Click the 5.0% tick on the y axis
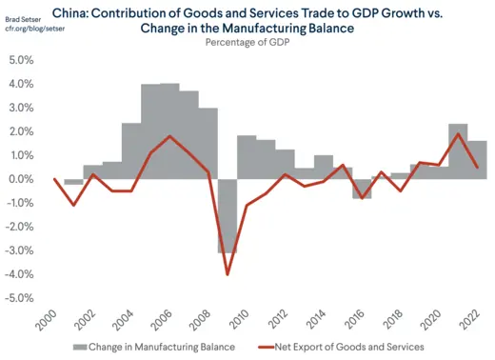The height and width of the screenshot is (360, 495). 20,60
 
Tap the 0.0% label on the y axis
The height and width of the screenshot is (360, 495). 20,179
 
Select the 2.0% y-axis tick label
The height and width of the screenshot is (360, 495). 20,131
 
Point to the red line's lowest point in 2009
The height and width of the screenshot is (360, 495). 228,274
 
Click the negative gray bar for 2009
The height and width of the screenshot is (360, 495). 227,215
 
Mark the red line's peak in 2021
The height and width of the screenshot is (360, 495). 458,133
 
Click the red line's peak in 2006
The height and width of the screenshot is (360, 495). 169,136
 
